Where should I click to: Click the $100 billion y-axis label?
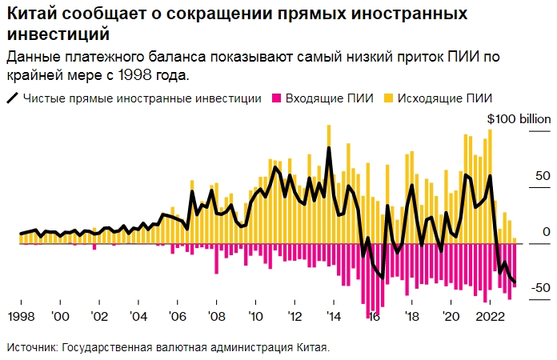(519, 119)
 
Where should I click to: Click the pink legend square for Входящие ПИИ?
(278, 98)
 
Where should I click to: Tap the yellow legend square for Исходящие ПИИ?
(390, 98)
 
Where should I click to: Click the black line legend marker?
(13, 98)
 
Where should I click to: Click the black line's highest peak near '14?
(329, 148)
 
